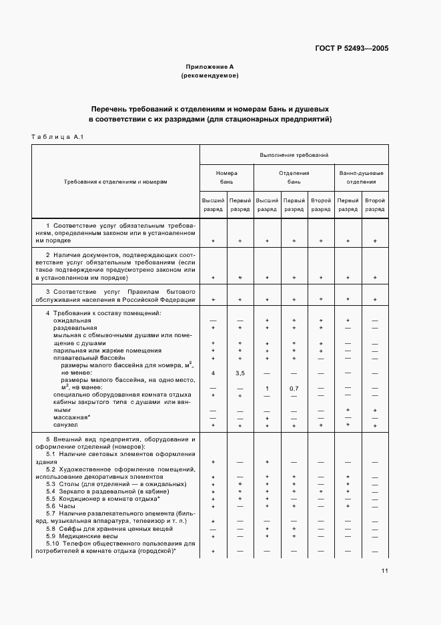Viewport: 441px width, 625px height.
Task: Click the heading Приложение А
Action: tap(209, 67)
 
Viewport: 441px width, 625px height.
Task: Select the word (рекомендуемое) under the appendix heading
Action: tap(209, 76)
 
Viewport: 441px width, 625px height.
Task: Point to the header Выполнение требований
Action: tap(294, 155)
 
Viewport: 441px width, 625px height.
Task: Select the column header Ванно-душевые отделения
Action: tap(361, 177)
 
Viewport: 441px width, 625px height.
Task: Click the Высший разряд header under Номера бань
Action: tap(213, 204)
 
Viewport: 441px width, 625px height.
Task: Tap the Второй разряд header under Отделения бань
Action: tap(321, 204)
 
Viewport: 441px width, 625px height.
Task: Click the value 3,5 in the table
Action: tap(240, 373)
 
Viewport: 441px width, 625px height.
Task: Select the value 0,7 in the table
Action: tap(294, 388)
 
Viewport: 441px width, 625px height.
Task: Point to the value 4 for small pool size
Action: tap(213, 373)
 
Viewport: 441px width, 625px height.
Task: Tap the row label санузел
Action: tap(65, 425)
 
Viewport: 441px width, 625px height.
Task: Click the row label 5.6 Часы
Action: tap(61, 506)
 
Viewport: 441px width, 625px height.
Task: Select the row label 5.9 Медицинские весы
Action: tap(81, 536)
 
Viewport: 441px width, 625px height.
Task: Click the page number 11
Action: tap(385, 571)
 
